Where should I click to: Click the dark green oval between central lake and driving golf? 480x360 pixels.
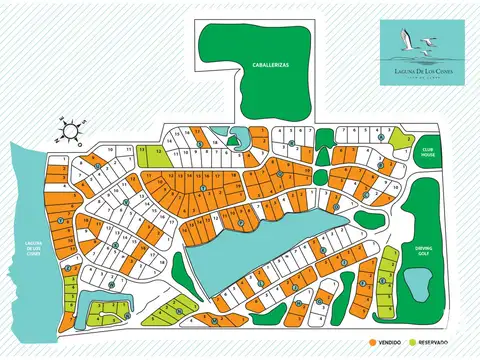370,219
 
